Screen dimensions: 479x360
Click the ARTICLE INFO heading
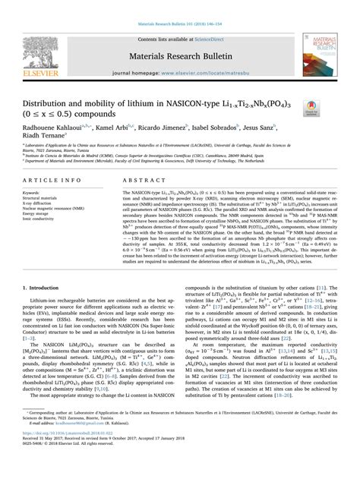point(52,180)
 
